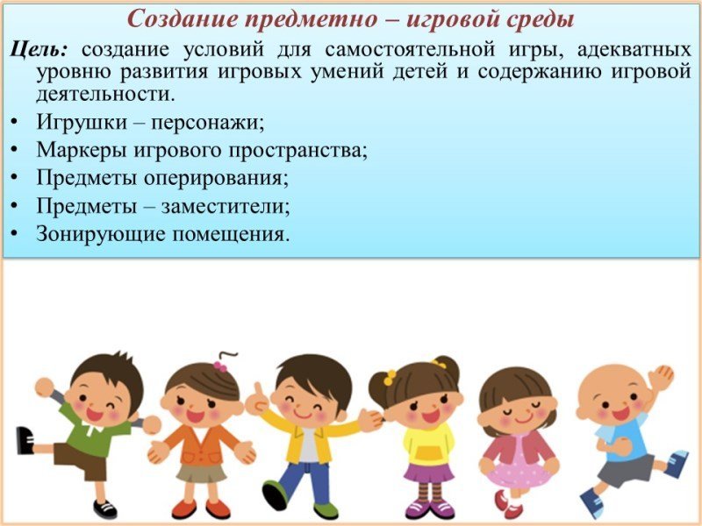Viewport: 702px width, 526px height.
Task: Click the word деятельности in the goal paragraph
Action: (105, 94)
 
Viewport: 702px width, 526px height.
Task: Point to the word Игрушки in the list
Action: (82, 122)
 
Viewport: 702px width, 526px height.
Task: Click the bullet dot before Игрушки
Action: (15, 122)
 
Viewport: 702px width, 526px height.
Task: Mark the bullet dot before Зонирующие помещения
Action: (15, 233)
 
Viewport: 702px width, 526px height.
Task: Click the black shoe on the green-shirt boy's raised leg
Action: (25, 441)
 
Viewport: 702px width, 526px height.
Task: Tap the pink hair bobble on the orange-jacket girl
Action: (220, 366)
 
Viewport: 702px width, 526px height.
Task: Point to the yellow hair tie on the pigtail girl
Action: (390, 378)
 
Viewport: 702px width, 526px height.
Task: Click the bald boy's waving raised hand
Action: (661, 378)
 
